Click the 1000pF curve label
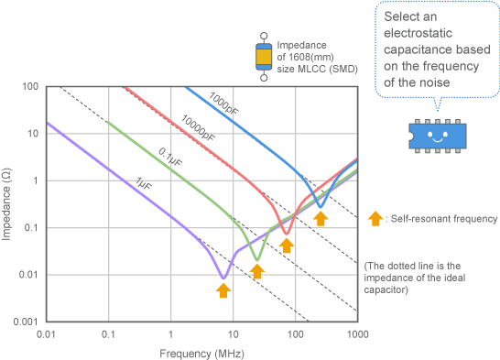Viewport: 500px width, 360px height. [224, 104]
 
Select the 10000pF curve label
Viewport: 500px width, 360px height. [197, 127]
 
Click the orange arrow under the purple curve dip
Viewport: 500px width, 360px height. [223, 289]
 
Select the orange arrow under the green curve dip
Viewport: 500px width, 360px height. [257, 271]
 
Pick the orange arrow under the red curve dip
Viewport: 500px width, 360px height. [287, 245]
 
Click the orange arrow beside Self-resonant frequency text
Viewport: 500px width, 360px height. [374, 218]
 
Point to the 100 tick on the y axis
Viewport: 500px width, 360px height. [29, 87]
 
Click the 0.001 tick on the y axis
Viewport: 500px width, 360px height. [24, 322]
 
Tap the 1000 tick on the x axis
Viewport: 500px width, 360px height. [357, 333]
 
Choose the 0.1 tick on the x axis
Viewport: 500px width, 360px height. [108, 333]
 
